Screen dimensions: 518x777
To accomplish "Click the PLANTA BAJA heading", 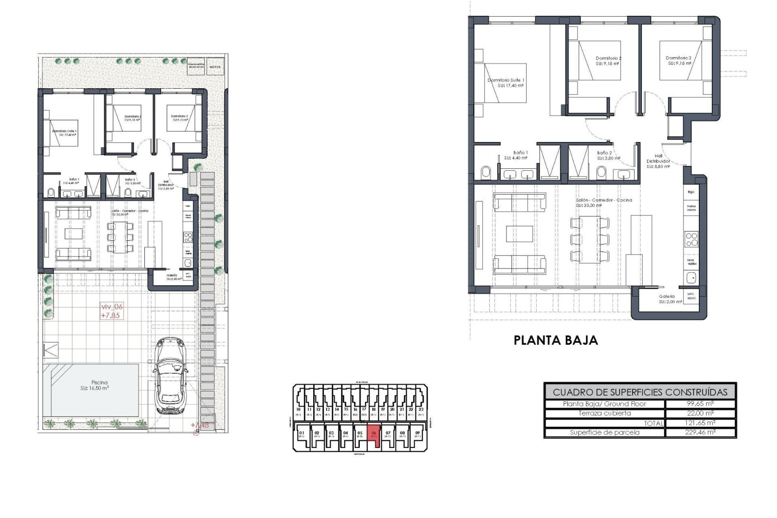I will pos(555,341).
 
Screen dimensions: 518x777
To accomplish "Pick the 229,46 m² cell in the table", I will pos(700,432).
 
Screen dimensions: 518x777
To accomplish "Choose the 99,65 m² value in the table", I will pos(700,404).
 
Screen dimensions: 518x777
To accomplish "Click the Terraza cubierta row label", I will pos(604,413).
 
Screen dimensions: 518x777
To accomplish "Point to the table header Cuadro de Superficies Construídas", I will pos(640,392).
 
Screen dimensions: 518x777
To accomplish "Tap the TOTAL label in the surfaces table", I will pos(653,423).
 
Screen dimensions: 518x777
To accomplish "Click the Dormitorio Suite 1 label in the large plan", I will pos(506,83).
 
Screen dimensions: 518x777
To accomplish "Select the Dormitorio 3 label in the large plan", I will pos(679,60).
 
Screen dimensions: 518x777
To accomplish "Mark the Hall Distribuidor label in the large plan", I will pos(658,161).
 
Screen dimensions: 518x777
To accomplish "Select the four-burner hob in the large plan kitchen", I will pos(691,239).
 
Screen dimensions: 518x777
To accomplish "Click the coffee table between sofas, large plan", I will pos(519,234).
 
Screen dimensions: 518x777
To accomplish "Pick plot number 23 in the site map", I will pos(421,410).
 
